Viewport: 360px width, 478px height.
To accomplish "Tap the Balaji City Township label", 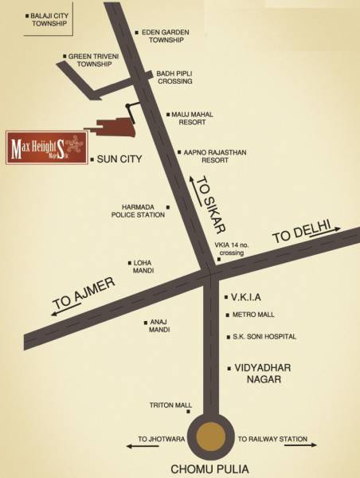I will (52, 19).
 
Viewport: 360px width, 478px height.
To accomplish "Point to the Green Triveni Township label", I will (95, 61).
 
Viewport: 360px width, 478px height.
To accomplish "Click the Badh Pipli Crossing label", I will (174, 76).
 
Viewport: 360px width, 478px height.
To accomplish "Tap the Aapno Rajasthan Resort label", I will (207, 155).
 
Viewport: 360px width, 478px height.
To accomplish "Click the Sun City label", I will (119, 159).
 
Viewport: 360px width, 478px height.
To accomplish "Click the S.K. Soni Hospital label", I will (264, 337).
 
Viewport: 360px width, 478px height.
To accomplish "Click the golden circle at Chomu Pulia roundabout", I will (211, 437).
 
